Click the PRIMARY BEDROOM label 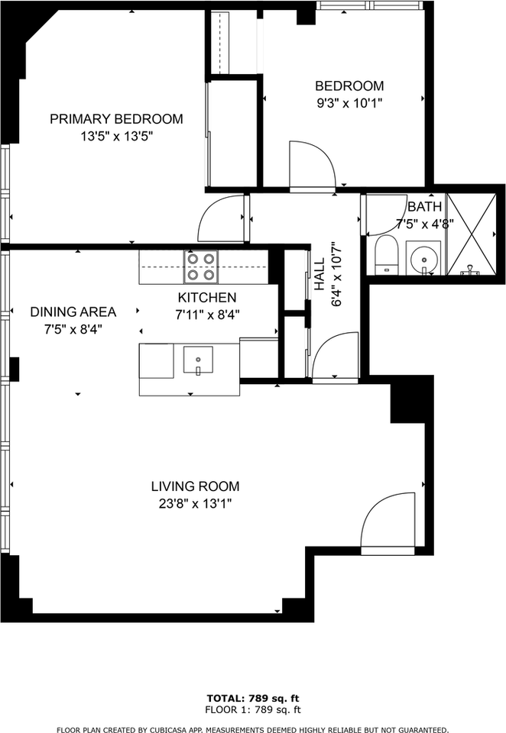click(116, 119)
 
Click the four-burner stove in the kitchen click(201, 267)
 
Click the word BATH click(424, 207)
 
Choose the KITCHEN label click(207, 297)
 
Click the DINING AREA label click(73, 312)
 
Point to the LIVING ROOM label click(195, 486)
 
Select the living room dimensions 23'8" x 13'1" click(195, 504)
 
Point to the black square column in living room click(407, 402)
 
